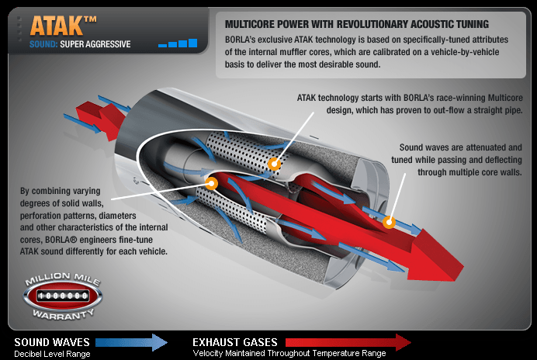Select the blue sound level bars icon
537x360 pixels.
point(178,43)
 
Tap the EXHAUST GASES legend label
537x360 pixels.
point(236,341)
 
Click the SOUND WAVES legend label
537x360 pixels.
point(52,341)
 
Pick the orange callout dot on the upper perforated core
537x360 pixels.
point(273,164)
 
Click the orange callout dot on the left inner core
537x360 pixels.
point(211,184)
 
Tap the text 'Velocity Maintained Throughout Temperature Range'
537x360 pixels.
point(289,354)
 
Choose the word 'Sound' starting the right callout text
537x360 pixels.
point(412,147)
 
